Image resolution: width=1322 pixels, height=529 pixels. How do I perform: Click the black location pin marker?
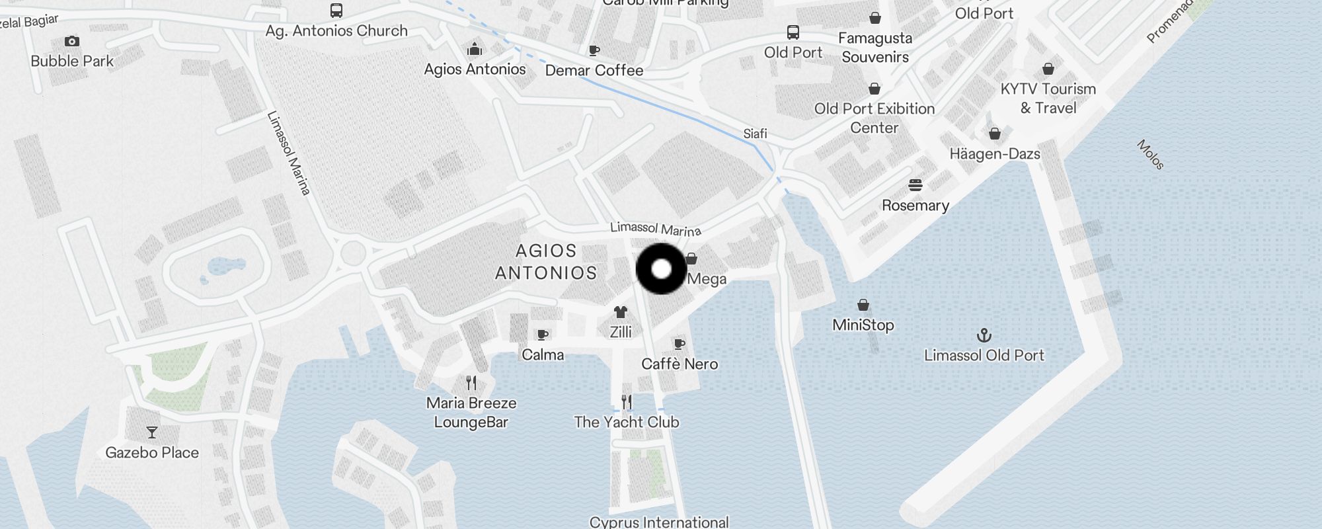point(661,268)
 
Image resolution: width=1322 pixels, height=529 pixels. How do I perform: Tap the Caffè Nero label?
point(680,364)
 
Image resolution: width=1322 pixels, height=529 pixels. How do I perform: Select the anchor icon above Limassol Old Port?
point(984,335)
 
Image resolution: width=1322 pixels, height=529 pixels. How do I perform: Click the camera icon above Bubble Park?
point(72,42)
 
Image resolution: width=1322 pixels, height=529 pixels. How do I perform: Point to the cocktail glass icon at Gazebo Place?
point(152,432)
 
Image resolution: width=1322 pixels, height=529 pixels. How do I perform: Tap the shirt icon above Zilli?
point(620,312)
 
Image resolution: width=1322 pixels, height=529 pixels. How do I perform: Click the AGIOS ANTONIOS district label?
point(546,262)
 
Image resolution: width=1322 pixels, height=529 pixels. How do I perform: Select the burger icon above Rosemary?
point(915,184)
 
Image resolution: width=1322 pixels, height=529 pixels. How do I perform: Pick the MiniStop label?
point(863,325)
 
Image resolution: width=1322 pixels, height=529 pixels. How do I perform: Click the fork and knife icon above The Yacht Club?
point(627,401)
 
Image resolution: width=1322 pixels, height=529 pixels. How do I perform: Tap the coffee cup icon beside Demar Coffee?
point(594,50)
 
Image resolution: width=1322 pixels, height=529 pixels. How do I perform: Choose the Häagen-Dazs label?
point(995,154)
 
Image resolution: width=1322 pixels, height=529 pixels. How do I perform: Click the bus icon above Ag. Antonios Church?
point(336,11)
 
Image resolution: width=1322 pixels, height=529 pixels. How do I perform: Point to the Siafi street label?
point(755,134)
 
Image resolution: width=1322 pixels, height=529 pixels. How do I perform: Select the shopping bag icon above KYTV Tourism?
point(1048,69)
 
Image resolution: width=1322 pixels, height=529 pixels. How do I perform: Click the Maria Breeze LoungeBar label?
point(471,413)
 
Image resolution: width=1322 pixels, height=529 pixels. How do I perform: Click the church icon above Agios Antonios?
point(475,50)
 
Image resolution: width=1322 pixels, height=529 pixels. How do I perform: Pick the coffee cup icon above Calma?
point(543,335)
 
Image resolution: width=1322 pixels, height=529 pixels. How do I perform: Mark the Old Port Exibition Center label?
point(875,118)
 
